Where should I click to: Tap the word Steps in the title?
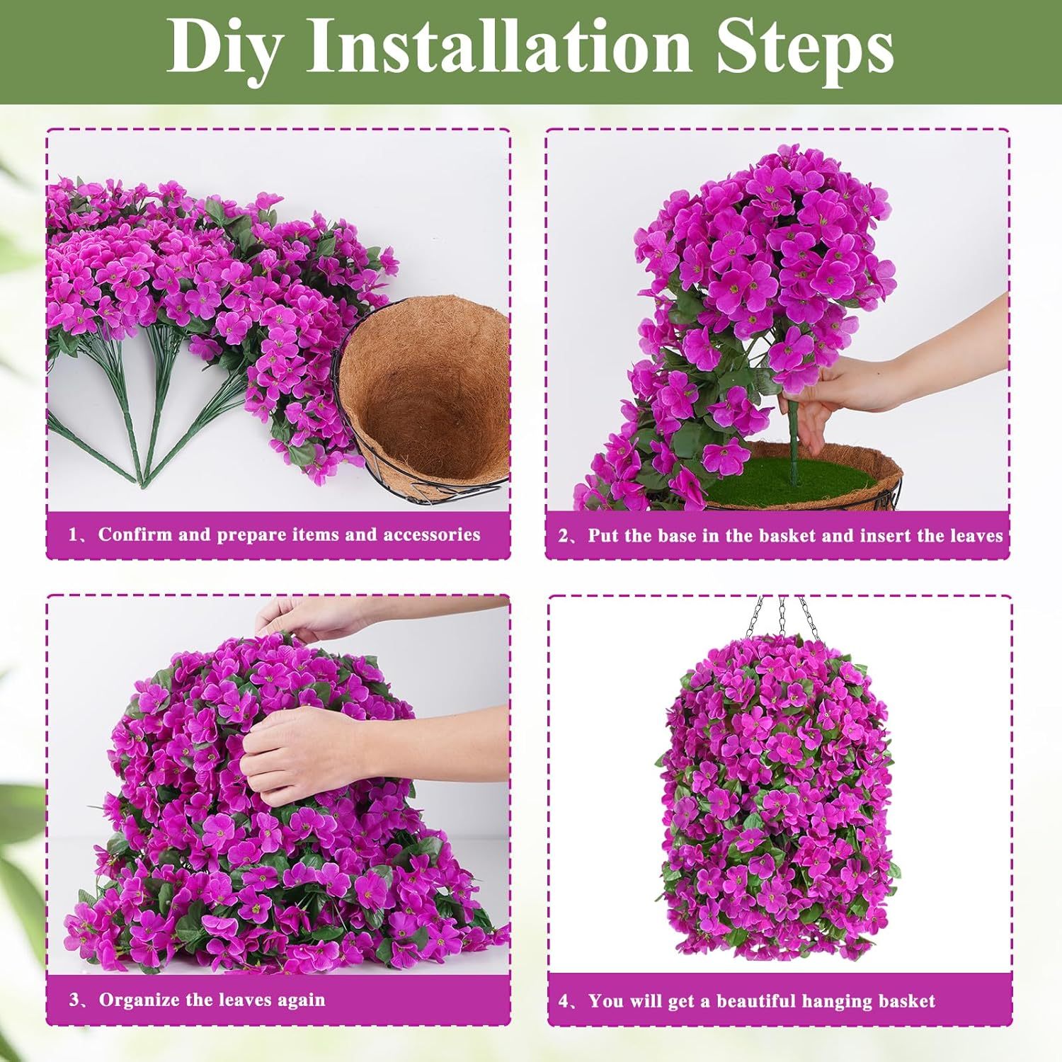coord(806,47)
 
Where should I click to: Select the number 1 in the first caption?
coord(72,535)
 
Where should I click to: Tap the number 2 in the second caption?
coord(564,536)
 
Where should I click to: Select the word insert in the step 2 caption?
coord(884,536)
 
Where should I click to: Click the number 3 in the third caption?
coord(74,1000)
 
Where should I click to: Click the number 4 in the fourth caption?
coord(564,1001)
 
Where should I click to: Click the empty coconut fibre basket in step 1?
coord(425,396)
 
